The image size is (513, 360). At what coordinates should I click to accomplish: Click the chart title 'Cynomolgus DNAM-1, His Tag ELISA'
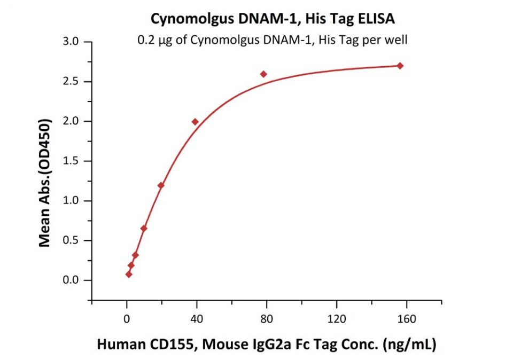273,19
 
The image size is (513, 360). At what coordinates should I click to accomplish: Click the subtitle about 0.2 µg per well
273,40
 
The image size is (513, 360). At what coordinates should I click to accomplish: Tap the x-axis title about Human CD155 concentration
266,345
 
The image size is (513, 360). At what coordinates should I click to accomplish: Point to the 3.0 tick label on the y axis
72,42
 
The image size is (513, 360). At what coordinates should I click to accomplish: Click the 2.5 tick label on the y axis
72,82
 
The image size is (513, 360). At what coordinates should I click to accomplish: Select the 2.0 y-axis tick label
72,121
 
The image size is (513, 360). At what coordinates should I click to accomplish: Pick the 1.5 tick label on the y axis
72,161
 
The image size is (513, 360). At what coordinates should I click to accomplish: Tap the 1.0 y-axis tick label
72,201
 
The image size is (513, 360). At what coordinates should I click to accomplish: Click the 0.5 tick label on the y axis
72,240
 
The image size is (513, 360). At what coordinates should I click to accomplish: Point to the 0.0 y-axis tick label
72,280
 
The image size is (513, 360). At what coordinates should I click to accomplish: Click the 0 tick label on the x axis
127,319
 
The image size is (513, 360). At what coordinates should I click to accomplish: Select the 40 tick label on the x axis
197,319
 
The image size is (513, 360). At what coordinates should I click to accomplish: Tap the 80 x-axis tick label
267,319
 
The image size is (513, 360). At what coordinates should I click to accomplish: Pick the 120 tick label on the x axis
337,319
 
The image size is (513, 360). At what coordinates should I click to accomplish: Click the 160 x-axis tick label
407,319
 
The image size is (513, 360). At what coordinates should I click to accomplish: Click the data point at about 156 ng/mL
400,66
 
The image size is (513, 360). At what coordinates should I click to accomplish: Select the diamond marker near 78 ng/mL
263,74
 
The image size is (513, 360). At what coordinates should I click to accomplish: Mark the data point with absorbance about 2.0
195,122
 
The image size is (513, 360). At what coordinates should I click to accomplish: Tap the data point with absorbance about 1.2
161,185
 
